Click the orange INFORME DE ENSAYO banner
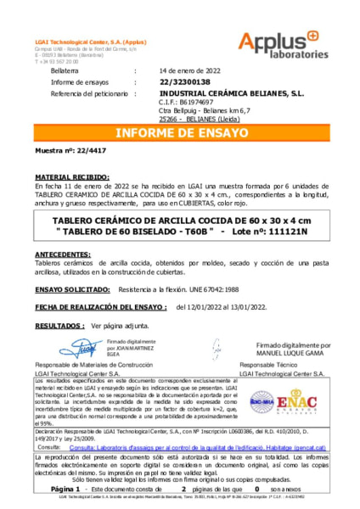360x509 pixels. pos(180,132)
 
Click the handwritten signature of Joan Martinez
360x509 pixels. pos(83,348)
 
